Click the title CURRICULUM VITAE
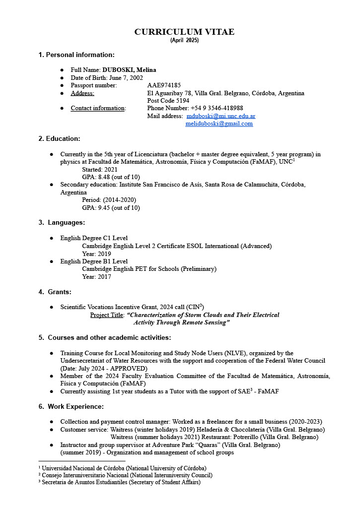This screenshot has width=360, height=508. pyautogui.click(x=184, y=32)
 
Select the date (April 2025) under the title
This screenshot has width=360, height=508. pyautogui.click(x=184, y=40)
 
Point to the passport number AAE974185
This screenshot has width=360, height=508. pyautogui.click(x=164, y=85)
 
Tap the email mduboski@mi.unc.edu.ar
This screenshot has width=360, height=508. pyautogui.click(x=221, y=116)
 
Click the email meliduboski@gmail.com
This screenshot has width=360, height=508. pyautogui.click(x=219, y=124)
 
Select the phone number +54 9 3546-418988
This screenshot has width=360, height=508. pyautogui.click(x=216, y=108)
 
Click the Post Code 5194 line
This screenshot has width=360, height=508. pyautogui.click(x=168, y=101)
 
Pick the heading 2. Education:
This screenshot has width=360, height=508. pyautogui.click(x=59, y=139)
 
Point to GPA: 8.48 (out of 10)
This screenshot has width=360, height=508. pyautogui.click(x=111, y=177)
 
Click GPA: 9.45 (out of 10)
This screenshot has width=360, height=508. pyautogui.click(x=111, y=208)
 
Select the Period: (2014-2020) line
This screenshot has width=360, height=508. pyautogui.click(x=109, y=200)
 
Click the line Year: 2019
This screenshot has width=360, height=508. pyautogui.click(x=96, y=254)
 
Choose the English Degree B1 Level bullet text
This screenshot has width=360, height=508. pyautogui.click(x=94, y=261)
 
